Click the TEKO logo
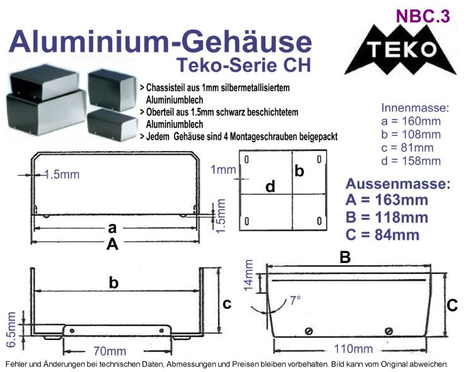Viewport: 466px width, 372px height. [401, 50]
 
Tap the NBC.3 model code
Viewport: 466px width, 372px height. [423, 16]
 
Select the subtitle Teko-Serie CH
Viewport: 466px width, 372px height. [243, 65]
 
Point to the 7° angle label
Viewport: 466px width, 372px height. [295, 300]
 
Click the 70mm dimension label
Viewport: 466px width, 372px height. [110, 351]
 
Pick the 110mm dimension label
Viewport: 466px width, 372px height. [353, 349]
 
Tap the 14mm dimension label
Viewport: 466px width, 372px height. [248, 274]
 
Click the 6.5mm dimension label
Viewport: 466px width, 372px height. [11, 329]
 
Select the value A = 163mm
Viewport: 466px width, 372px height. [387, 200]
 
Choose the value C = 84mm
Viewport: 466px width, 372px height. [383, 235]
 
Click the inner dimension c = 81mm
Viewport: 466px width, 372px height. [407, 148]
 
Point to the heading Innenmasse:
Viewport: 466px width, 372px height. [415, 108]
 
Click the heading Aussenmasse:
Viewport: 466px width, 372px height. [398, 184]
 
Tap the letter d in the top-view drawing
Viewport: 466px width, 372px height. [270, 187]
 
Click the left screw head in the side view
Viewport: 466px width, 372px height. [309, 330]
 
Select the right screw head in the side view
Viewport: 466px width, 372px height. [388, 330]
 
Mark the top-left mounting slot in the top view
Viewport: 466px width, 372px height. [247, 160]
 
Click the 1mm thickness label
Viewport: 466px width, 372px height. [223, 170]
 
